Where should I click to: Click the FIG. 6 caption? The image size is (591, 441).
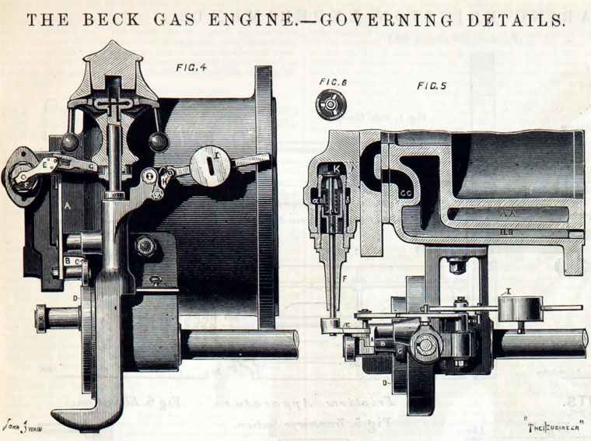[334, 82]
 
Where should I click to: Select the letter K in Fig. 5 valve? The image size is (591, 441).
[337, 168]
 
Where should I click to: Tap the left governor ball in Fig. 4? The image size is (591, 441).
[71, 142]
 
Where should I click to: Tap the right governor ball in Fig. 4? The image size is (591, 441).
[160, 142]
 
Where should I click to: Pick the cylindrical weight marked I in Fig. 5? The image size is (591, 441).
[514, 310]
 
